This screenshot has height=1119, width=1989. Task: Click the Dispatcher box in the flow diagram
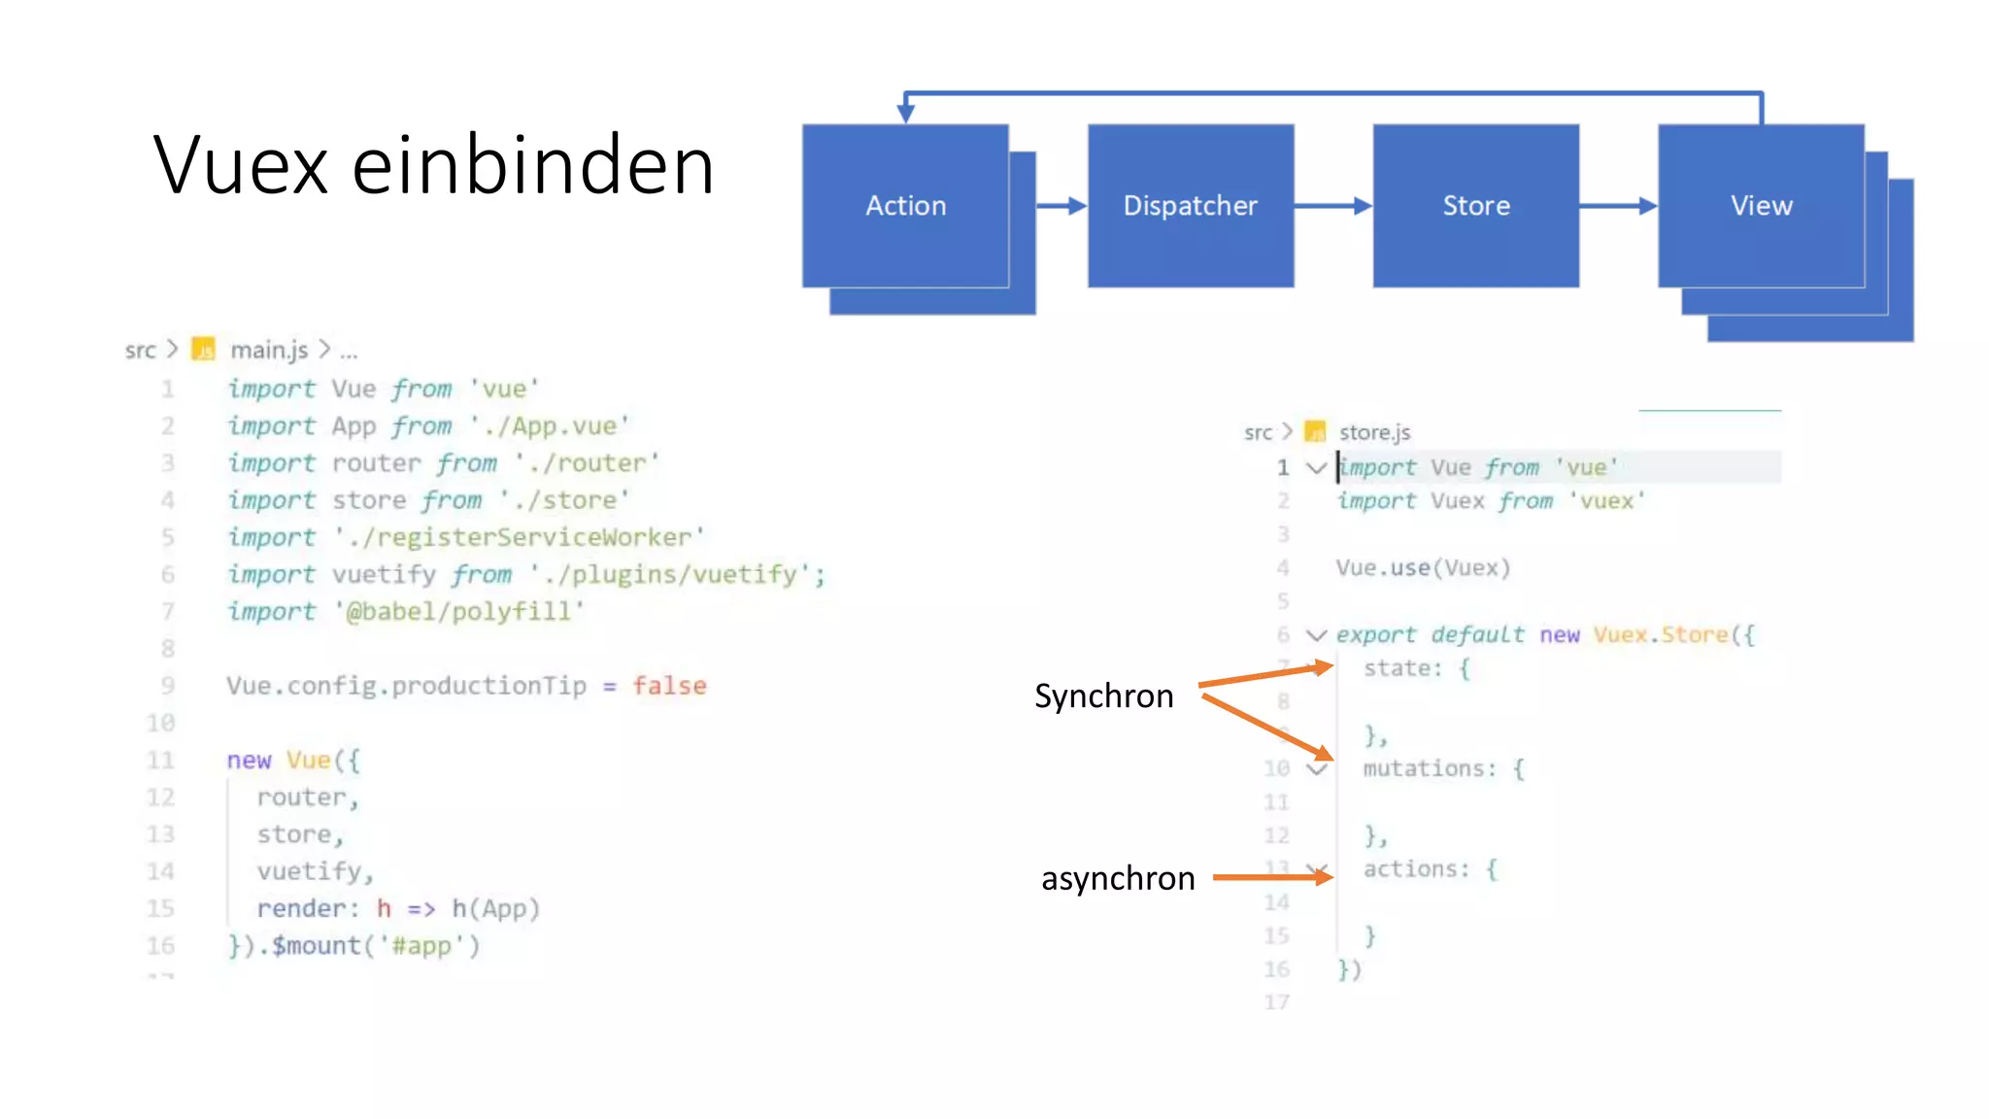(x=1190, y=206)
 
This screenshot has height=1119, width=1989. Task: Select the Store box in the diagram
(x=1475, y=206)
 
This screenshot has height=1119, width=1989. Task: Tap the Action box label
(x=905, y=206)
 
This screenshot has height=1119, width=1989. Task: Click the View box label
(x=1761, y=206)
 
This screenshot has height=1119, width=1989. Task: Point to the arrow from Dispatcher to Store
(x=1332, y=206)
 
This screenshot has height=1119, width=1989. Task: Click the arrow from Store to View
(x=1618, y=206)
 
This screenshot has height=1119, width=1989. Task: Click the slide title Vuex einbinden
(x=433, y=165)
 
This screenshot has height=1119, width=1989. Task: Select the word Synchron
(x=1103, y=696)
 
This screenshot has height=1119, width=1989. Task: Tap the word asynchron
(x=1117, y=878)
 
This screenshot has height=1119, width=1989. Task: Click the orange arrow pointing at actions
(x=1272, y=877)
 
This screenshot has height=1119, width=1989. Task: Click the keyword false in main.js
(x=669, y=686)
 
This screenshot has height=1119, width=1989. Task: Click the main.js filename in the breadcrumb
(x=269, y=350)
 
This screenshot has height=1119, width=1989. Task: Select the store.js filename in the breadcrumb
(x=1373, y=432)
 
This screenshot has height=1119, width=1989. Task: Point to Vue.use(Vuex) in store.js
(x=1423, y=568)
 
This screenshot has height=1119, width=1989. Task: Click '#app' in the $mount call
(x=421, y=946)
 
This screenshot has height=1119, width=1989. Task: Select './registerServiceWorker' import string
(x=519, y=537)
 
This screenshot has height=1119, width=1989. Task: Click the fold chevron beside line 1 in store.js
(x=1316, y=468)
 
